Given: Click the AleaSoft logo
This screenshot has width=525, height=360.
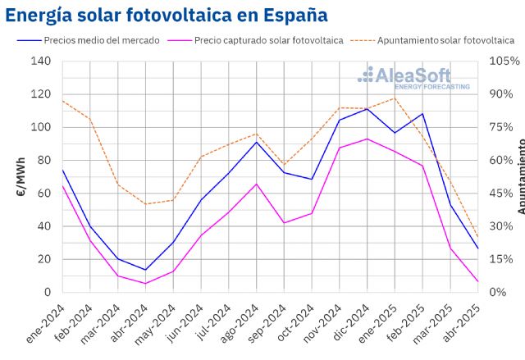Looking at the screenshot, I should coord(414,78).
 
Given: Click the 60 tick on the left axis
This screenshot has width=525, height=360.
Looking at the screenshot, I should coord(43,194).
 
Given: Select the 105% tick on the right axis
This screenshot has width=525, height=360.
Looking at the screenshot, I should coord(504,62).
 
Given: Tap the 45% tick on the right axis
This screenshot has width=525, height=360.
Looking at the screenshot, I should coord(504,194).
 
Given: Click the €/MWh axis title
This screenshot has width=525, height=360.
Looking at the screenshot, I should coord(21,176).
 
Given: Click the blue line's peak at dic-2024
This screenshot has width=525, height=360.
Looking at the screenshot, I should coord(367,109).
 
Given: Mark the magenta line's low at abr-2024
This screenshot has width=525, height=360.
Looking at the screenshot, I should coord(145,284).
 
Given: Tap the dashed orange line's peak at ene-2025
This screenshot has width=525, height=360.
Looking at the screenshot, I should coord(395,98).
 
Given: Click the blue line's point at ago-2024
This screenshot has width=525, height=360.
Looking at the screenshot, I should coord(257,142).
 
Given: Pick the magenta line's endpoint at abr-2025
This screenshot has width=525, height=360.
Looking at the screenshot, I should coord(478,281).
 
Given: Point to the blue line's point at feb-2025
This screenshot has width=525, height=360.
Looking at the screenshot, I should coord(423,114).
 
